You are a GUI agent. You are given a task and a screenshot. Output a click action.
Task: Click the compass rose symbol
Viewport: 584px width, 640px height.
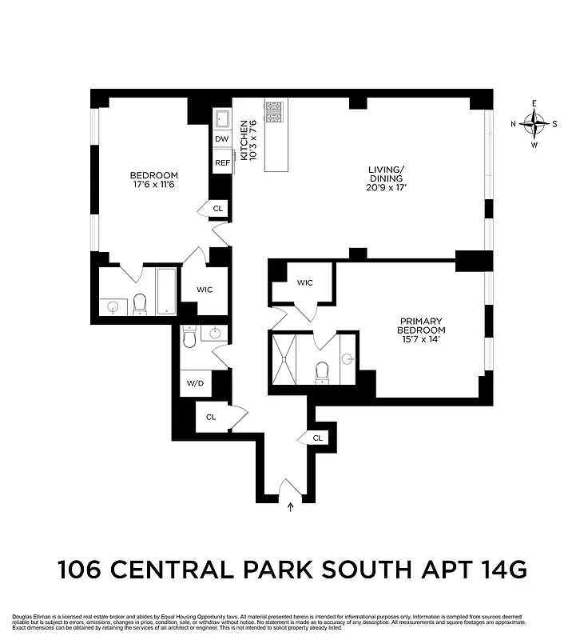coord(534,123)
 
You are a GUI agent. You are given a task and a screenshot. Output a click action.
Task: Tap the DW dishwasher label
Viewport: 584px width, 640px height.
coord(221,139)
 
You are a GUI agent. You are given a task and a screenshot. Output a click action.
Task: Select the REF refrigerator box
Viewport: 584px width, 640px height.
coord(222,162)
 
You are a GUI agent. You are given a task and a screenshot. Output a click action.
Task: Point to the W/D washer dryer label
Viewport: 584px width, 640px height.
coord(195,383)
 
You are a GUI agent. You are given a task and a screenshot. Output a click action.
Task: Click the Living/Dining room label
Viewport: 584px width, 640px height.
coord(387,178)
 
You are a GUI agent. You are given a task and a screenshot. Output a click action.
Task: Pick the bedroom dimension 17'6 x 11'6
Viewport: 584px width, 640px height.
coord(153,185)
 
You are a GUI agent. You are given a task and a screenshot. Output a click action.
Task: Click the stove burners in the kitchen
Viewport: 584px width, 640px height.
coord(275,112)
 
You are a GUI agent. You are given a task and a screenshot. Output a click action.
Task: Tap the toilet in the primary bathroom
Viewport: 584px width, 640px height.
coord(323,371)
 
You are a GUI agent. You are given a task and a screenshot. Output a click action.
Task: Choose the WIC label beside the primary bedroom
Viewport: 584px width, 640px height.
coord(304,282)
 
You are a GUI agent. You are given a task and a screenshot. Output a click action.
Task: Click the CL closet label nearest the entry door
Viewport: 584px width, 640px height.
coord(317,438)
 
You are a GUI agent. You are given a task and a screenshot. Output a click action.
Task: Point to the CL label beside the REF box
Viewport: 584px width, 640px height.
coord(218,208)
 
